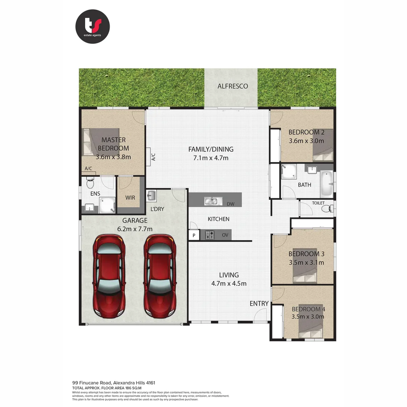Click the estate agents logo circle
[x=92, y=26]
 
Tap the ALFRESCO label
[x=233, y=86]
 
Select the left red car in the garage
[x=109, y=275]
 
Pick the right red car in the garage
[x=160, y=275]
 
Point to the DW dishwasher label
[x=231, y=204]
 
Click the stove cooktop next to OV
[x=210, y=235]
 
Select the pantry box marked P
[x=194, y=236]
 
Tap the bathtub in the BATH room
[x=327, y=184]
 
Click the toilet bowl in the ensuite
[x=90, y=184]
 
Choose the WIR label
[x=130, y=197]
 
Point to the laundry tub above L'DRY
[x=151, y=196]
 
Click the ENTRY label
[x=259, y=303]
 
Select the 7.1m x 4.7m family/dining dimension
[x=211, y=158]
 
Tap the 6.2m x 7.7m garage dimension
[x=135, y=229]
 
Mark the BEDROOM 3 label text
[x=306, y=254]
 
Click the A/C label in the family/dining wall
[x=153, y=156]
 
